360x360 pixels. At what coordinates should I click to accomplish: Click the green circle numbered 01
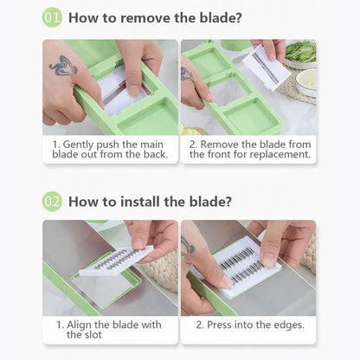[x=52, y=17]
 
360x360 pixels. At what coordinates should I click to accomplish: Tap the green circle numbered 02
[x=52, y=202]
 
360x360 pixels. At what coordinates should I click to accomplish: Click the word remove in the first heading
[x=145, y=18]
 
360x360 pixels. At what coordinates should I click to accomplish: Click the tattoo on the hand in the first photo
[x=64, y=67]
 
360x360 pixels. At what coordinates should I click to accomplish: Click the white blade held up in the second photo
[x=266, y=68]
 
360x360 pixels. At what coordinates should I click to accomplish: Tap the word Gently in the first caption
[x=78, y=145]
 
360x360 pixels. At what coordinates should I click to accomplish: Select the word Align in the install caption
[x=80, y=325]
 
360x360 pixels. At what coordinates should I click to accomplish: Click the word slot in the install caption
[x=93, y=335]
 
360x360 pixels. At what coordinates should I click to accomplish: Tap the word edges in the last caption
[x=289, y=325]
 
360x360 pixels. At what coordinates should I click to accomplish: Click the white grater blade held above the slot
[x=117, y=260]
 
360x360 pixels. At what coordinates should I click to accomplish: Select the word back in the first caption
[x=156, y=154]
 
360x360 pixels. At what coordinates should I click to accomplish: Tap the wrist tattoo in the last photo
[x=188, y=246]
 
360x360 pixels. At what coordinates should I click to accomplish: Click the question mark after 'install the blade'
[x=228, y=202]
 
